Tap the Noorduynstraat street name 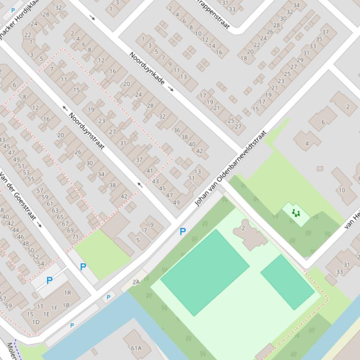pos(86,131)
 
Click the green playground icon pos(295,213)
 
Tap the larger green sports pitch pos(205,273)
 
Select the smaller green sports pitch pos(287,282)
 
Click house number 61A pos(136,348)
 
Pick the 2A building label pos(136,282)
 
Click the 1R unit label pos(67,293)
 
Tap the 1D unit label pos(36,322)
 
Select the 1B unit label pos(66,305)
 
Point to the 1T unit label pos(41,307)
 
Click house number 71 pos(75,237)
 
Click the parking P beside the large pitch pos(183,231)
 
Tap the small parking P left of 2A pos(108,297)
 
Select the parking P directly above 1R pos(49,281)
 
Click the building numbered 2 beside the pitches pos(244,229)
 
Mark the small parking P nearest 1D pos(72,325)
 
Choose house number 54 pos(41,264)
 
